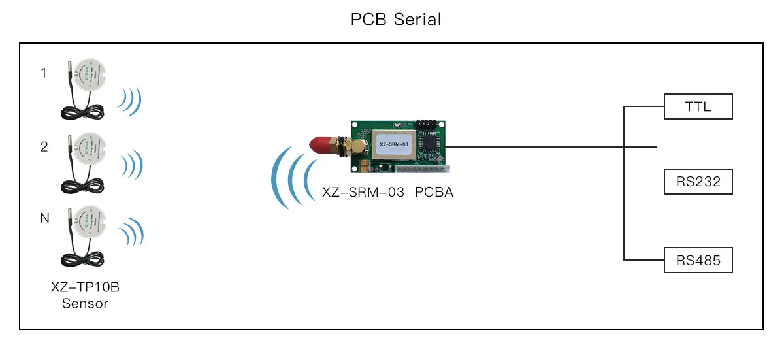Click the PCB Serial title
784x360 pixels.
(396, 20)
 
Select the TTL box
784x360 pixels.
(698, 106)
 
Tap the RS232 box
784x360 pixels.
(698, 182)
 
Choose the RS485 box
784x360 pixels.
(698, 260)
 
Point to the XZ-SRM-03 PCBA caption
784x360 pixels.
(387, 193)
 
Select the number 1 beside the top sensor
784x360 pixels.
(44, 73)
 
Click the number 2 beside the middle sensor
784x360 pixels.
(44, 147)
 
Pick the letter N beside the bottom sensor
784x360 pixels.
(44, 219)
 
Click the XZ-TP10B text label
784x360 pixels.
(85, 288)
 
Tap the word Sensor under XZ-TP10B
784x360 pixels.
(85, 304)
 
